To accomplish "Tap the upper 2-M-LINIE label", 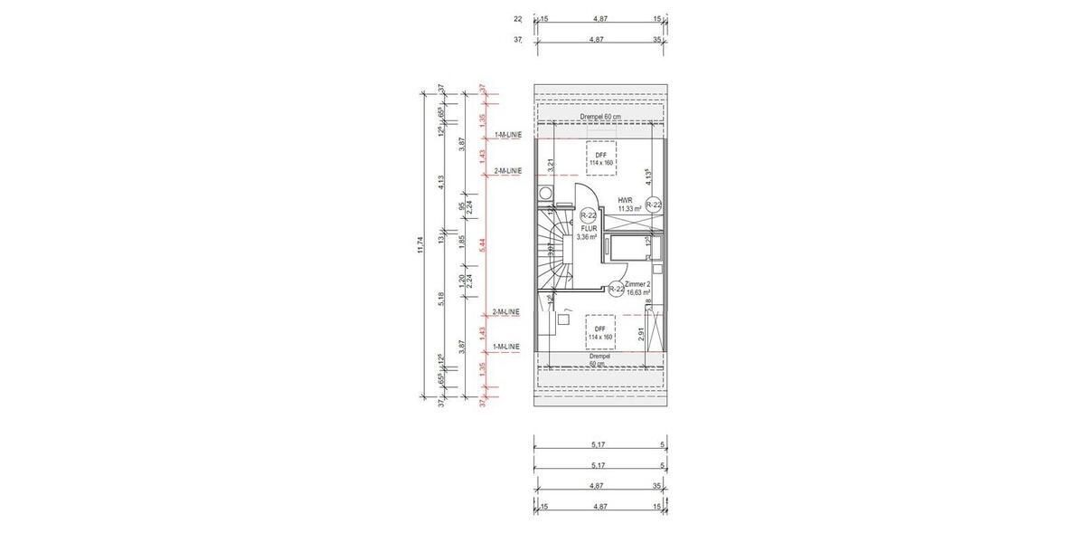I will tap(508, 171).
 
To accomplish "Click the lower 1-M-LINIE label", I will tap(508, 347).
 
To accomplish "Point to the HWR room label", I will tap(625, 201).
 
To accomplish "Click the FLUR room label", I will tap(588, 229).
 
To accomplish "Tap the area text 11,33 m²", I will tap(629, 209).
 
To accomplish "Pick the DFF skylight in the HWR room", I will tap(600, 158).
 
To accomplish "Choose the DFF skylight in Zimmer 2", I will tap(600, 332).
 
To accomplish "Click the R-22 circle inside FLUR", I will tap(588, 215).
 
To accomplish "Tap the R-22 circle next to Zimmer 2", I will tap(616, 289).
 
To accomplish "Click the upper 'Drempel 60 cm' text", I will tap(600, 118).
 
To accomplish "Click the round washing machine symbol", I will tap(545, 193).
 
